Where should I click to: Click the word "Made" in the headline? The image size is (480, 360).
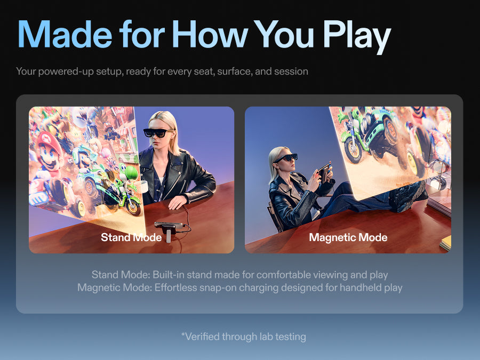click(65, 34)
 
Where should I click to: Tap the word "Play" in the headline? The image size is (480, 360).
click(357, 36)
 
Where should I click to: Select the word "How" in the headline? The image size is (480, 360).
click(210, 34)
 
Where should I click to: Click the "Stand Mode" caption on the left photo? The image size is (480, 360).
click(131, 237)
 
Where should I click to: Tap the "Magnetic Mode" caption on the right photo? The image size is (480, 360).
click(348, 237)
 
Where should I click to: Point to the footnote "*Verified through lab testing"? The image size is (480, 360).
click(244, 337)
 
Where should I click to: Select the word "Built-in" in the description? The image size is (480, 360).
click(169, 275)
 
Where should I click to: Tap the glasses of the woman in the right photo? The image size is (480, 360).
click(286, 158)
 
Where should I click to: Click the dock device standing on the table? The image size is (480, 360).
click(169, 230)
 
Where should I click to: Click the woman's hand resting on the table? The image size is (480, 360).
click(178, 202)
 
